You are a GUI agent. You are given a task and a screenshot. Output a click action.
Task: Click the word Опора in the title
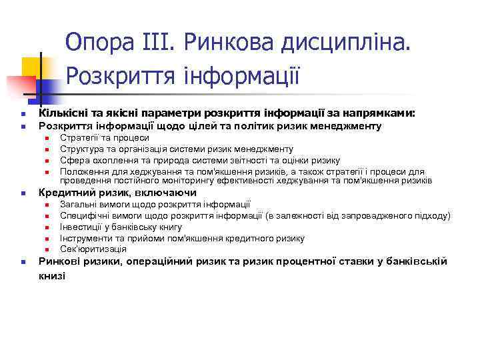[102, 41]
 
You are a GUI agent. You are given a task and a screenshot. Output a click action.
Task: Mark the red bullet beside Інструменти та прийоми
[47, 239]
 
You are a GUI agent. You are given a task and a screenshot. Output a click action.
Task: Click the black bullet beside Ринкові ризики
[22, 262]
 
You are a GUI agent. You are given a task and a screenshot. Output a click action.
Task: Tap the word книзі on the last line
[53, 275]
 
